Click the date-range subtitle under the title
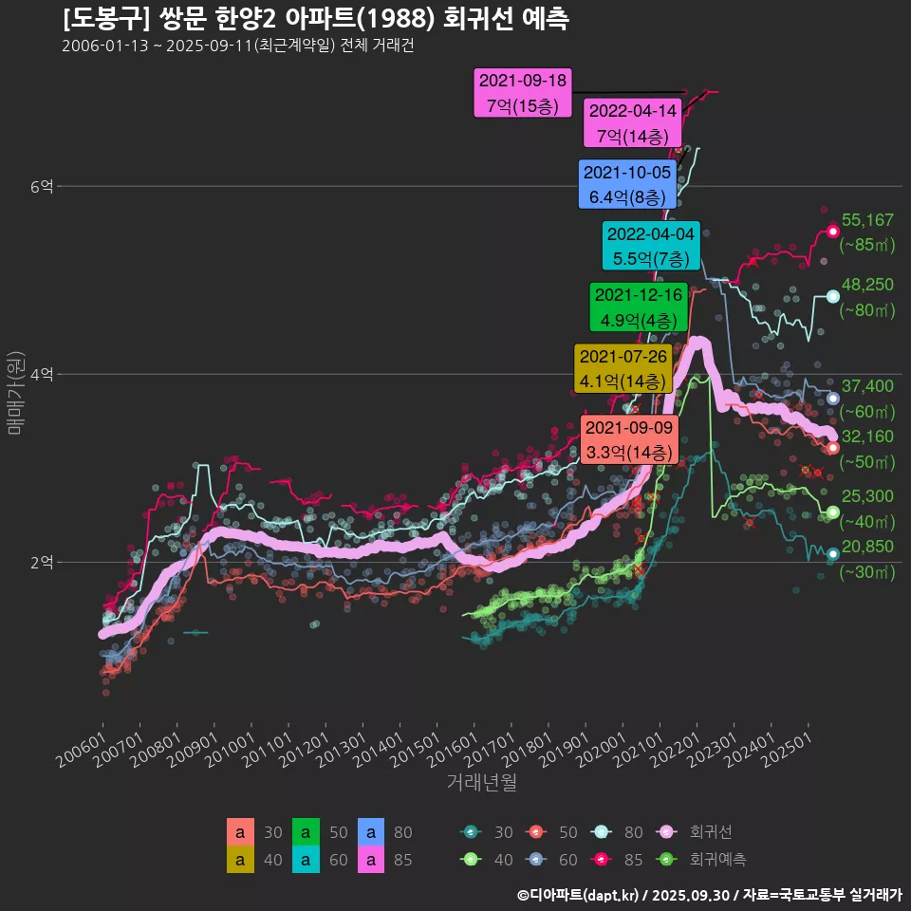[237, 46]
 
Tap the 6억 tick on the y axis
[41, 187]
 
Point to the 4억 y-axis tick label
[41, 375]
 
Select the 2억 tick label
[41, 562]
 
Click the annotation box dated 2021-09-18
[522, 93]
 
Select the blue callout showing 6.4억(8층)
[627, 184]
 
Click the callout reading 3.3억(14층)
[629, 440]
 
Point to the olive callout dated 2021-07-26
[623, 368]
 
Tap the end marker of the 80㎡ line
[832, 296]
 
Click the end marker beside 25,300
[832, 512]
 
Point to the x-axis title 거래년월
[482, 784]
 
